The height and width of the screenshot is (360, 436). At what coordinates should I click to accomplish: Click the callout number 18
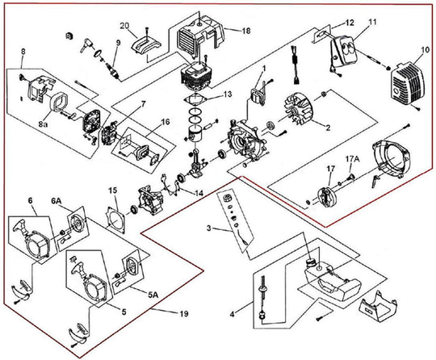(x=246, y=31)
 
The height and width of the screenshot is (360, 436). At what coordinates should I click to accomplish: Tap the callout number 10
(x=425, y=51)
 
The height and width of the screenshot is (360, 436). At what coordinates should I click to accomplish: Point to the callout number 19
(x=184, y=313)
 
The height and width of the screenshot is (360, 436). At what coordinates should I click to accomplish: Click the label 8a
(x=43, y=124)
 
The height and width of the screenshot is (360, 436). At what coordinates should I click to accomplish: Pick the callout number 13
(x=227, y=94)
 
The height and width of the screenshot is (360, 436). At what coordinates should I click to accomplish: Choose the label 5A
(x=153, y=295)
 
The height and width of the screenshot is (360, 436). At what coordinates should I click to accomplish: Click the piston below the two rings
(x=196, y=133)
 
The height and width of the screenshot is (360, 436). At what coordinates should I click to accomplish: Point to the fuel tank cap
(x=311, y=262)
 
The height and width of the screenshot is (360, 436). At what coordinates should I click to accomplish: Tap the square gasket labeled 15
(x=115, y=219)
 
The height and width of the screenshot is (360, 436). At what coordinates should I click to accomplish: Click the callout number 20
(x=125, y=26)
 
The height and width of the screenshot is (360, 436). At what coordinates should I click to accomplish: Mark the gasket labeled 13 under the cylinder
(x=196, y=99)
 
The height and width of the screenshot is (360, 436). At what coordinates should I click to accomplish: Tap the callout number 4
(x=233, y=314)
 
